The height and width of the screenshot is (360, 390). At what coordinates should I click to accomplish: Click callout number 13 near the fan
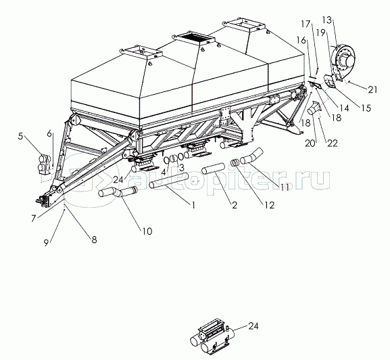point(327,20)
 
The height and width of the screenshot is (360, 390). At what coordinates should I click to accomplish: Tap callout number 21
point(373,89)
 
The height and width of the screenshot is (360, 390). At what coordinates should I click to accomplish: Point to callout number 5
point(20,137)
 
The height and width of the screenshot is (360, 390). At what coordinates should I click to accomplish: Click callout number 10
point(147,231)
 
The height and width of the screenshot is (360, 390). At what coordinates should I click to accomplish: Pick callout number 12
point(270,205)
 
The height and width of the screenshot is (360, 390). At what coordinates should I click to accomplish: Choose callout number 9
point(47,243)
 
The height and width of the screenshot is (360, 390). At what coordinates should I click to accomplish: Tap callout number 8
point(94,240)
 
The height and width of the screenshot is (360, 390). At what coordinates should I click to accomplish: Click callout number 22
point(333,143)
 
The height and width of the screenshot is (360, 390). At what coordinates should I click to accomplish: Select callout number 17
point(306,24)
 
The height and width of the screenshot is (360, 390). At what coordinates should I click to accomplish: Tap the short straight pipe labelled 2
point(213,168)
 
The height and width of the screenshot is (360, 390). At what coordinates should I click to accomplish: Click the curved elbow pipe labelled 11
point(251,156)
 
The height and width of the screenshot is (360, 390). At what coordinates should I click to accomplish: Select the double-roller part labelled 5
point(45,164)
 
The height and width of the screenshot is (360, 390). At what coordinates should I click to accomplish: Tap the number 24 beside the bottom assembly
point(253,326)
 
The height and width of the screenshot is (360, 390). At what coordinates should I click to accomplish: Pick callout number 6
point(49,134)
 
